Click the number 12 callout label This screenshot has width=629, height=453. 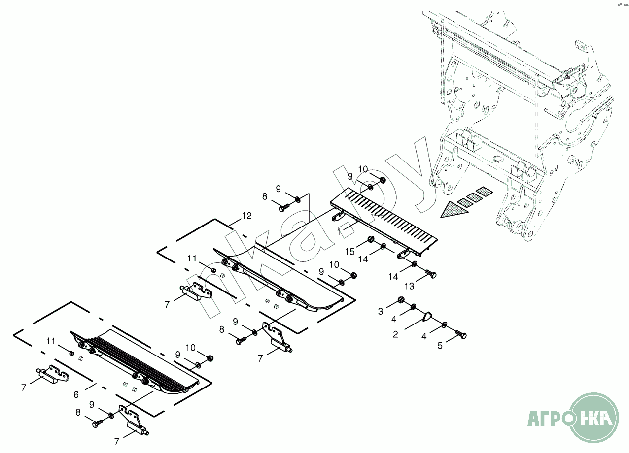click(246, 216)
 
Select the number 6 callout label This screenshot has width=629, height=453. click(76, 394)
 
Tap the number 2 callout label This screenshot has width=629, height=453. click(395, 334)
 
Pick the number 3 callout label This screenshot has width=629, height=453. click(381, 311)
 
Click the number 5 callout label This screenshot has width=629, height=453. click(440, 346)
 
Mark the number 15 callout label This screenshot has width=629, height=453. click(350, 252)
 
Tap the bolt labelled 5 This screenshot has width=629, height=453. click(462, 335)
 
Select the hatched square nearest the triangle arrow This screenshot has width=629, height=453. click(464, 202)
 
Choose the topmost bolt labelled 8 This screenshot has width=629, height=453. click(283, 208)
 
